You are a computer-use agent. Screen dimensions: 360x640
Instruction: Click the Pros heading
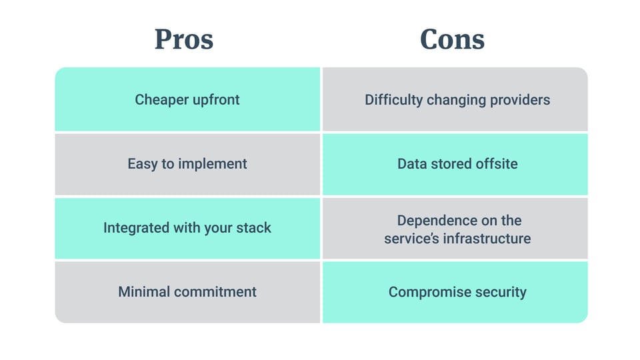(x=184, y=39)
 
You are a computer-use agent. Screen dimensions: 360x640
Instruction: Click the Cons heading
(x=452, y=39)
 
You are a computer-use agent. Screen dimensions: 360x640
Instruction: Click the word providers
(x=518, y=100)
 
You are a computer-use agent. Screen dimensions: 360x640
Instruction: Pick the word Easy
(x=142, y=163)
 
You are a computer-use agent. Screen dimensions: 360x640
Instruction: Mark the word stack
(x=253, y=228)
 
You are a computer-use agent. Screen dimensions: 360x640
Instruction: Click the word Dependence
(x=437, y=220)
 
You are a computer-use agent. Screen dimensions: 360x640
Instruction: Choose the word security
(x=501, y=292)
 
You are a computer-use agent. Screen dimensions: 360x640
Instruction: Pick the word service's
(x=411, y=238)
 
